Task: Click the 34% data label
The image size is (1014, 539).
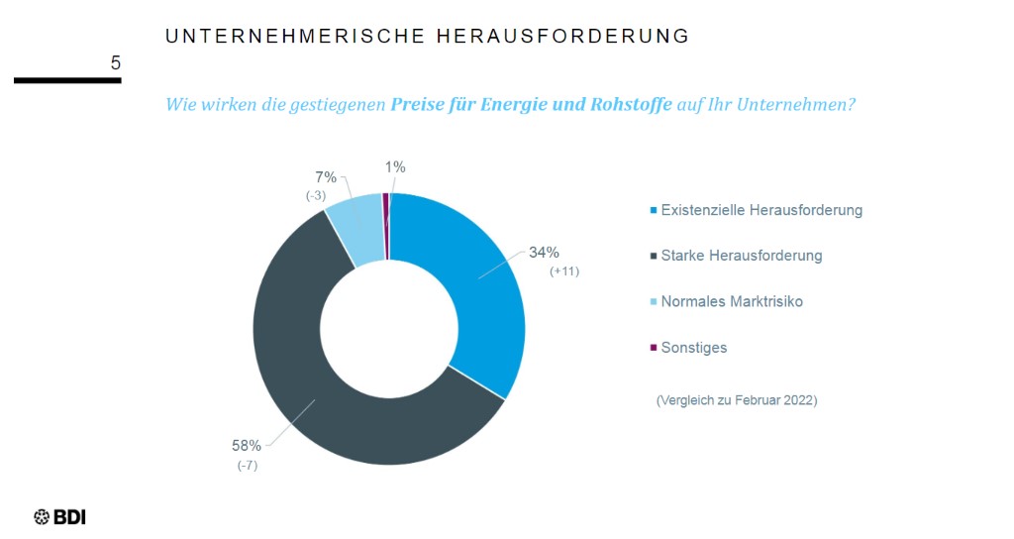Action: [544, 252]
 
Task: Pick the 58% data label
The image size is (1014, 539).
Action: [247, 446]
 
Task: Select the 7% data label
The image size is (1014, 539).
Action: [326, 177]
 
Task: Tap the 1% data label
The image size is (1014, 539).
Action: [395, 167]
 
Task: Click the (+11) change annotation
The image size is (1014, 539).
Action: [563, 271]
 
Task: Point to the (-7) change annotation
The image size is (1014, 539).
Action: [247, 466]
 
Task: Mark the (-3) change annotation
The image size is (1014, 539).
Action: [316, 196]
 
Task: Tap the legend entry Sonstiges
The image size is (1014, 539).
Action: [693, 348]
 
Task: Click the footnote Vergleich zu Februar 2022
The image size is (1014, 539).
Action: [737, 400]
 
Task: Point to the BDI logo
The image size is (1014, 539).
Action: [60, 516]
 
